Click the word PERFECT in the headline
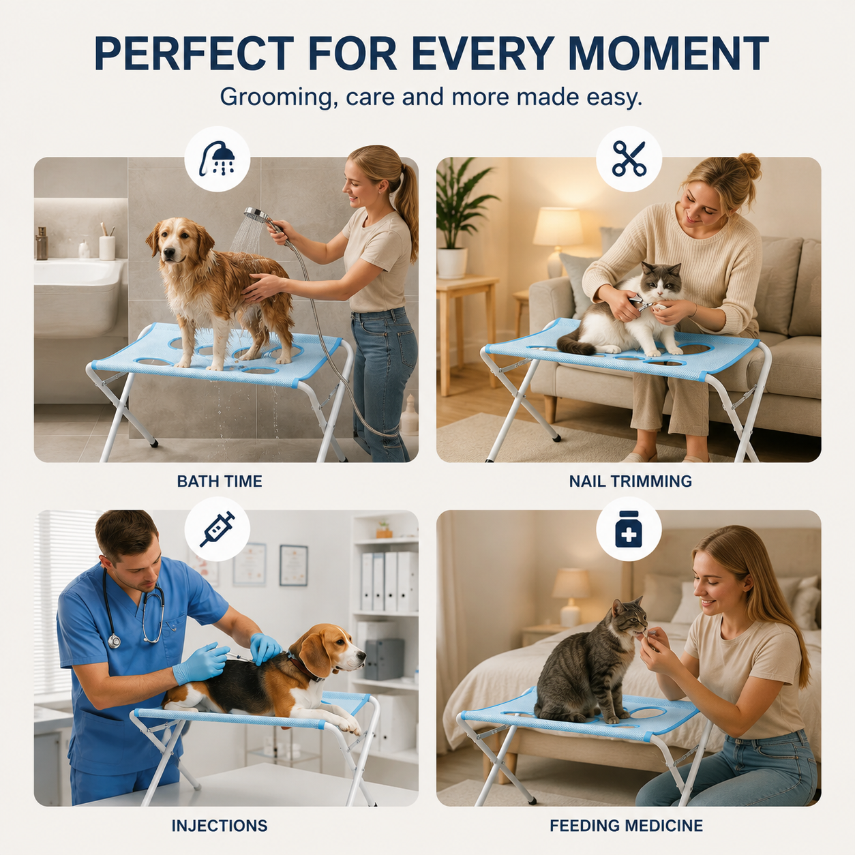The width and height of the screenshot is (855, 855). (x=194, y=53)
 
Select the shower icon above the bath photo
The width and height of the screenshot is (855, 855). (x=217, y=158)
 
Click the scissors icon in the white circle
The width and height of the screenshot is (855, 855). (x=629, y=158)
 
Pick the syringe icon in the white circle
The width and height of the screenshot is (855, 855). (x=217, y=529)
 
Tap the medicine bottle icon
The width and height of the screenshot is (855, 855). (x=629, y=529)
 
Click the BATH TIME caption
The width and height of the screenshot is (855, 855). (x=220, y=481)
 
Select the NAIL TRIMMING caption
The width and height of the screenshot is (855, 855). (x=631, y=481)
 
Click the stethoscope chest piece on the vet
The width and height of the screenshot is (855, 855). (x=115, y=641)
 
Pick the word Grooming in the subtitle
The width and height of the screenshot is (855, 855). (x=276, y=97)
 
